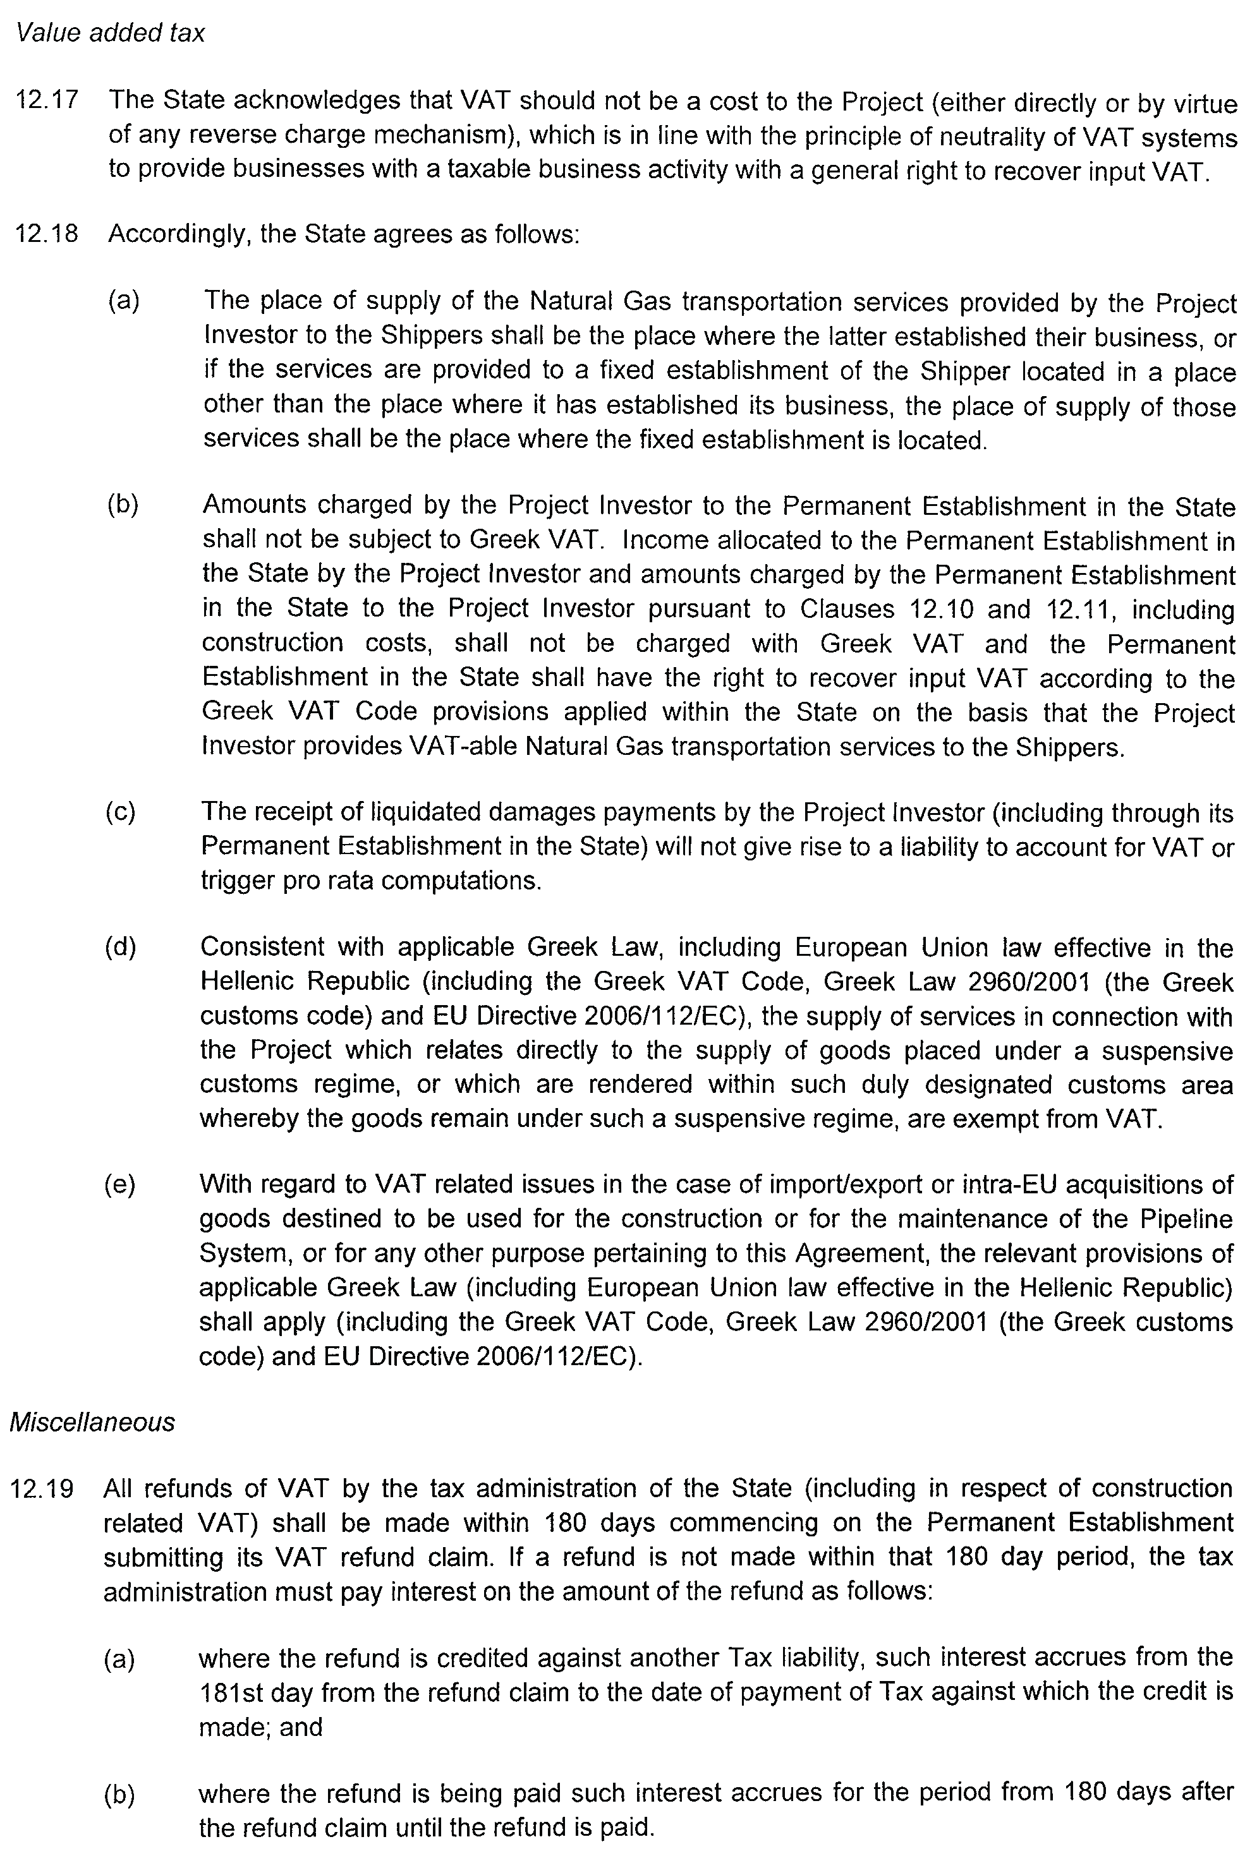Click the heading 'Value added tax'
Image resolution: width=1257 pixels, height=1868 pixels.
[111, 33]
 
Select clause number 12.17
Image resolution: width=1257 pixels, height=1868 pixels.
[47, 100]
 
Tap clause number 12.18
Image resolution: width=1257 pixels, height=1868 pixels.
[47, 234]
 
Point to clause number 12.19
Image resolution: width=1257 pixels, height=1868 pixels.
[42, 1489]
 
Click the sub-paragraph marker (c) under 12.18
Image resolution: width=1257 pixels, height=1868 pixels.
[120, 812]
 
